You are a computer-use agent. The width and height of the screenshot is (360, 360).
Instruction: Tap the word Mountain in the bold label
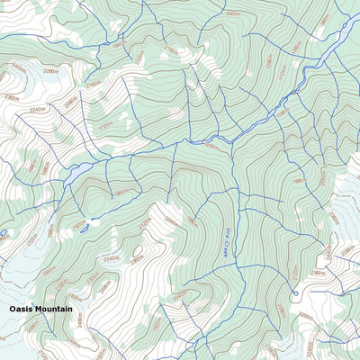click(53, 309)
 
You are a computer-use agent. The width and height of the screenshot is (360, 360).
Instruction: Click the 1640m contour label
click(233, 14)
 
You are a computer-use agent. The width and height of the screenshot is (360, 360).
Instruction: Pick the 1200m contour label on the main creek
click(211, 144)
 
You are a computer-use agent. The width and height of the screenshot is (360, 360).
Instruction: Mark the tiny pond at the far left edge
click(3, 233)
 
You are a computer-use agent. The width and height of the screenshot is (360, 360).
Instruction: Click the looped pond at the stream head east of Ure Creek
click(294, 293)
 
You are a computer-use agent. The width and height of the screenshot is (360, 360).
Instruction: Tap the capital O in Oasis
click(13, 309)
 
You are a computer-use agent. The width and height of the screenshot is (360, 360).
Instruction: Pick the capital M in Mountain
click(39, 309)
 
